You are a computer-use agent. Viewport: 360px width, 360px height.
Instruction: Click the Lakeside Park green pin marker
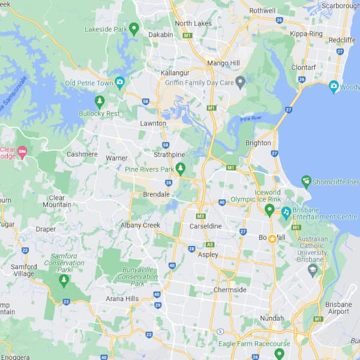134,28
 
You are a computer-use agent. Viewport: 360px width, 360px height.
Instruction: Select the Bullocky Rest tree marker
100,101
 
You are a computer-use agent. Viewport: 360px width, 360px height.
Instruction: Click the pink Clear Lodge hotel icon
23,152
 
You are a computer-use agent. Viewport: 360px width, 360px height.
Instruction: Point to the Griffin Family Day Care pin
241,81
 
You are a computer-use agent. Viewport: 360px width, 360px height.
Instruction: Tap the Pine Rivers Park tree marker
180,169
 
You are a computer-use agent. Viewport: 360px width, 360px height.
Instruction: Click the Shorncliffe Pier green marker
307,181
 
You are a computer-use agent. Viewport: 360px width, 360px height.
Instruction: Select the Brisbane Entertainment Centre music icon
287,212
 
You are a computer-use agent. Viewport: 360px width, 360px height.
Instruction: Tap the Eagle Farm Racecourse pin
279,353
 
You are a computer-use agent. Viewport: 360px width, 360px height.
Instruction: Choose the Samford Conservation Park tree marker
64,280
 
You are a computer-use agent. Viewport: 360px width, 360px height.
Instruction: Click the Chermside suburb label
230,290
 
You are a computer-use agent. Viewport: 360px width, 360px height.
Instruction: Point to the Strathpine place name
169,155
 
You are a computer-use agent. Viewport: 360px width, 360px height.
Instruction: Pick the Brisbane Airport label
338,308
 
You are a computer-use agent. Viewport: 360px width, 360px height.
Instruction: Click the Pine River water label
251,119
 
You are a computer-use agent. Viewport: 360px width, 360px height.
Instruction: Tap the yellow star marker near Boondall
272,239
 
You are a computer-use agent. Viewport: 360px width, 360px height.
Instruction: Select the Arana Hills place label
122,298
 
